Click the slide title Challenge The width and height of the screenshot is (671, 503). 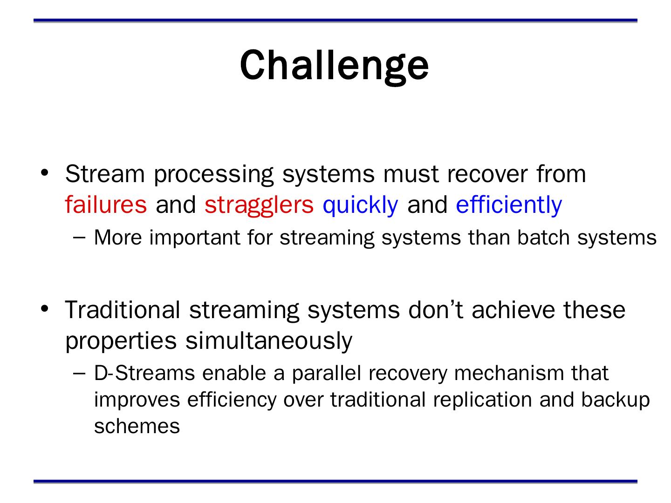click(334, 67)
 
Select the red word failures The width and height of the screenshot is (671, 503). click(106, 204)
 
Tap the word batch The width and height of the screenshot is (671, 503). click(543, 238)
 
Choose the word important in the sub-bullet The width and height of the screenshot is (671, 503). click(194, 238)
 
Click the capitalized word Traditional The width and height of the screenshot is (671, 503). click(122, 310)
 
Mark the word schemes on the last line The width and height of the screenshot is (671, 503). click(137, 426)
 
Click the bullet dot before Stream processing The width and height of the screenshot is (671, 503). click(45, 173)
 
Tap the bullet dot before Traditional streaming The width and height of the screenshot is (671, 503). click(45, 309)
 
